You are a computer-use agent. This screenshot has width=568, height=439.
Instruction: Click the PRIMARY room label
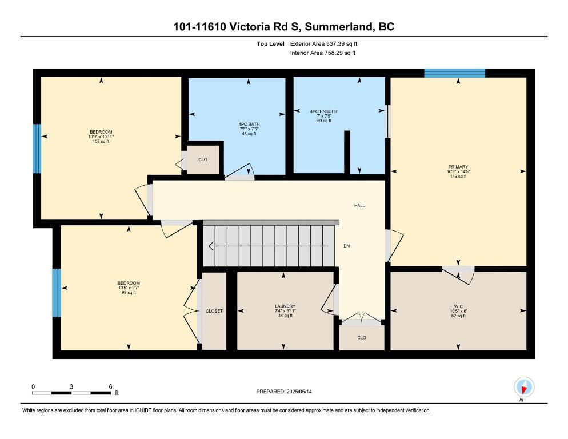tap(458, 167)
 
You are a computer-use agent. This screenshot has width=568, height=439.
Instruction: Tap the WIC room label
tap(458, 306)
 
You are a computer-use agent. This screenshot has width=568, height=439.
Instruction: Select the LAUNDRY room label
tap(285, 306)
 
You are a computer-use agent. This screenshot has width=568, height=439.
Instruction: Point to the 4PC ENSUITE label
tap(324, 111)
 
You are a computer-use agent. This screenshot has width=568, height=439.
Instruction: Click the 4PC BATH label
tap(249, 125)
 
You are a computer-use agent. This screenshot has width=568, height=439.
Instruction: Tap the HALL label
tap(359, 206)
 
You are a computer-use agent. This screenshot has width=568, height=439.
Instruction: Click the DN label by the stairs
tap(347, 246)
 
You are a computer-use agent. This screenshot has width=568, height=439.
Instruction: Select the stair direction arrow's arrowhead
tap(211, 246)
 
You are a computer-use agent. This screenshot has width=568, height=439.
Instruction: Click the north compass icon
tap(524, 387)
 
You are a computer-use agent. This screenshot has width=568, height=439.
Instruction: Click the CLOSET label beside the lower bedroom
tap(214, 311)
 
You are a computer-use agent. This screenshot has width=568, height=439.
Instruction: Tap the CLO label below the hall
tap(362, 337)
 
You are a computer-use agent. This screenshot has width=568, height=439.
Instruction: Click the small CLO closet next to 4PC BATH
tap(202, 160)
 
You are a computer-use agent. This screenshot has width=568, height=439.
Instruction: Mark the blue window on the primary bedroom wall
tap(455, 73)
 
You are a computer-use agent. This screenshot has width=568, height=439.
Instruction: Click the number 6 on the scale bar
tap(110, 386)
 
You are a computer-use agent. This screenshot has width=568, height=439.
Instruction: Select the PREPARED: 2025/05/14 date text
tap(284, 392)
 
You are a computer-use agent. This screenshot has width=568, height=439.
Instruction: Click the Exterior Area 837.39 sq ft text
tap(323, 44)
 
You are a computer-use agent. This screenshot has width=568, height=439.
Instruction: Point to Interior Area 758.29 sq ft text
tap(323, 53)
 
